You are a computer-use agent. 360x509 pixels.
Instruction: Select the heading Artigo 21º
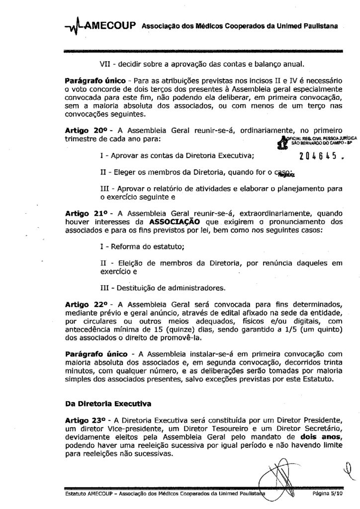[x=86, y=212]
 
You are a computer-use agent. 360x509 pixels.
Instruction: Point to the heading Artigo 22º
[x=86, y=303]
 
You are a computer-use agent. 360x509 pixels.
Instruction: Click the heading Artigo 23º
[x=86, y=420]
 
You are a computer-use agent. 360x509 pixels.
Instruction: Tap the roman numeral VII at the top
[x=106, y=64]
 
